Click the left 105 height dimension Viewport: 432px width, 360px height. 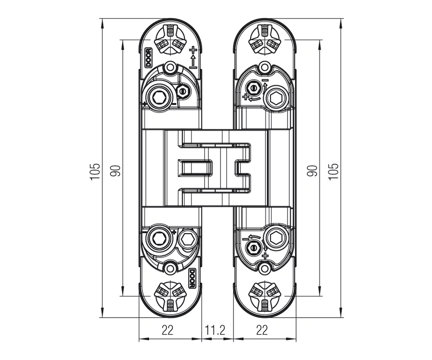tap(94, 171)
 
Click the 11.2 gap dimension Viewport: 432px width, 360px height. tap(215, 330)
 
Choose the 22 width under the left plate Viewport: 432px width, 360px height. tap(167, 330)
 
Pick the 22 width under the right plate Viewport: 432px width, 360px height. tap(262, 330)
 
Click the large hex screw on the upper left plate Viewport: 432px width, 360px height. tap(159, 97)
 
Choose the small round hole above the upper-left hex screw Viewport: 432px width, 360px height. tap(170, 68)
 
